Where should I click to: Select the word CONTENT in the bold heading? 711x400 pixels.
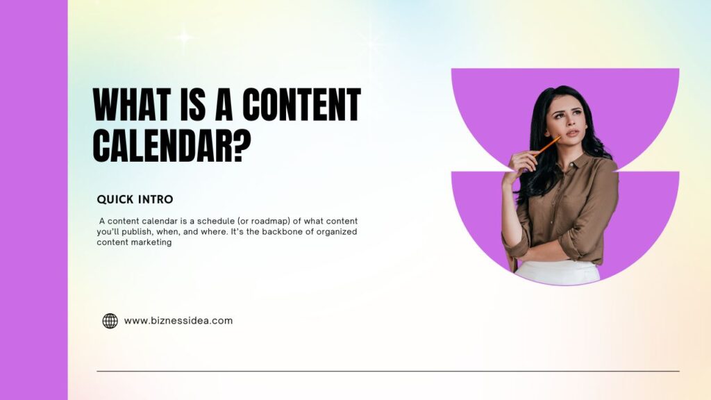(x=301, y=105)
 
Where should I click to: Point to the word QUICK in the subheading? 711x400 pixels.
(x=115, y=199)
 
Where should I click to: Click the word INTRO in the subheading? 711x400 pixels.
(x=156, y=199)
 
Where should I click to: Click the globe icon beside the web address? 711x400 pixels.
(x=110, y=321)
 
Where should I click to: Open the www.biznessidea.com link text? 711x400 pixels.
(x=178, y=321)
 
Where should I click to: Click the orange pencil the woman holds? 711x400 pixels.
(x=546, y=147)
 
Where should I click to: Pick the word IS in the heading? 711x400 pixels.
(x=190, y=105)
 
